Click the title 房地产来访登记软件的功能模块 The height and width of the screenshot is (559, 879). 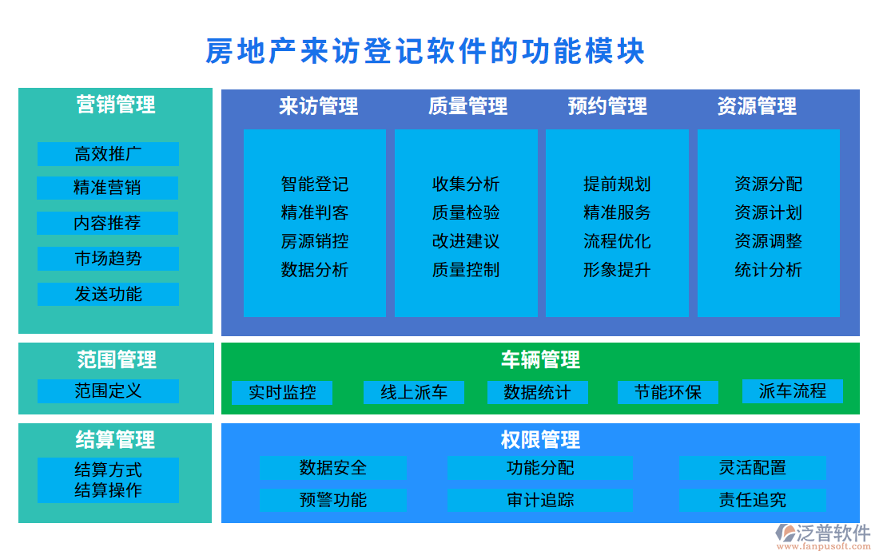click(x=425, y=51)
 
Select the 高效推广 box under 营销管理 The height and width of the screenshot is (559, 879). click(x=108, y=154)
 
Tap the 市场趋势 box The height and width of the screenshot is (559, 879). click(x=108, y=259)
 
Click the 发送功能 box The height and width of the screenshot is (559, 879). click(x=108, y=294)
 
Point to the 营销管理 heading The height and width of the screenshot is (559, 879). click(x=116, y=105)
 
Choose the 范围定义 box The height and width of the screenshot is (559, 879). click(x=108, y=391)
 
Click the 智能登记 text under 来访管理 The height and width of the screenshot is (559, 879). click(x=315, y=184)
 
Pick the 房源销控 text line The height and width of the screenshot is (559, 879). click(x=315, y=241)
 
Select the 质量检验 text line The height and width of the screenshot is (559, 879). click(x=466, y=213)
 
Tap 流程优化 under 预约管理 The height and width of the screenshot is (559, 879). click(x=617, y=241)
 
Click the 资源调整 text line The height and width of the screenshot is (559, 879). click(x=768, y=241)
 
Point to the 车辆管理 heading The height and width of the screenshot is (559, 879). click(x=540, y=360)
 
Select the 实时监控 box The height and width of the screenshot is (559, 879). click(x=282, y=392)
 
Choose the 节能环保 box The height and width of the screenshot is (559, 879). click(x=668, y=392)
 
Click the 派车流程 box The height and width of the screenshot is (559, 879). click(x=792, y=391)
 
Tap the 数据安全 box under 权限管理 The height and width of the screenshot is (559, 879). click(x=333, y=468)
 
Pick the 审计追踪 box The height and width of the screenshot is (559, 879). click(x=540, y=501)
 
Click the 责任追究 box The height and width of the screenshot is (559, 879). click(x=752, y=501)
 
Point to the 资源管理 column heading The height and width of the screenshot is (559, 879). click(x=757, y=106)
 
